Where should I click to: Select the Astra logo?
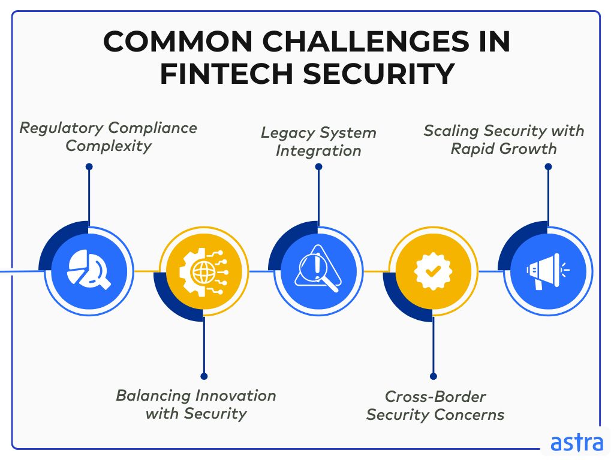pos(576,443)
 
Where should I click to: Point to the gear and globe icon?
pos(204,271)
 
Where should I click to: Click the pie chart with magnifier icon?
pos(89,271)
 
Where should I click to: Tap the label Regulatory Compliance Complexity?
pos(109,137)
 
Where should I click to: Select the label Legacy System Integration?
pos(318,141)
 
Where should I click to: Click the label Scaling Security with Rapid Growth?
pos(504,139)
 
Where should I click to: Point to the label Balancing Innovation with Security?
pos(196,404)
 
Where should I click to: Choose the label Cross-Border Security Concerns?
pos(435,405)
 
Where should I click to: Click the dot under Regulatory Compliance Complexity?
pos(89,167)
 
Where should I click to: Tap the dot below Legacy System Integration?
pos(318,168)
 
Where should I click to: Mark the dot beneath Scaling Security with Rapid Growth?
pos(547,167)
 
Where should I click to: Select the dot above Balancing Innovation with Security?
pos(204,376)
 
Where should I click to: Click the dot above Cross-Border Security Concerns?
pos(432,376)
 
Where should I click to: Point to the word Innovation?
pos(236,396)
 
